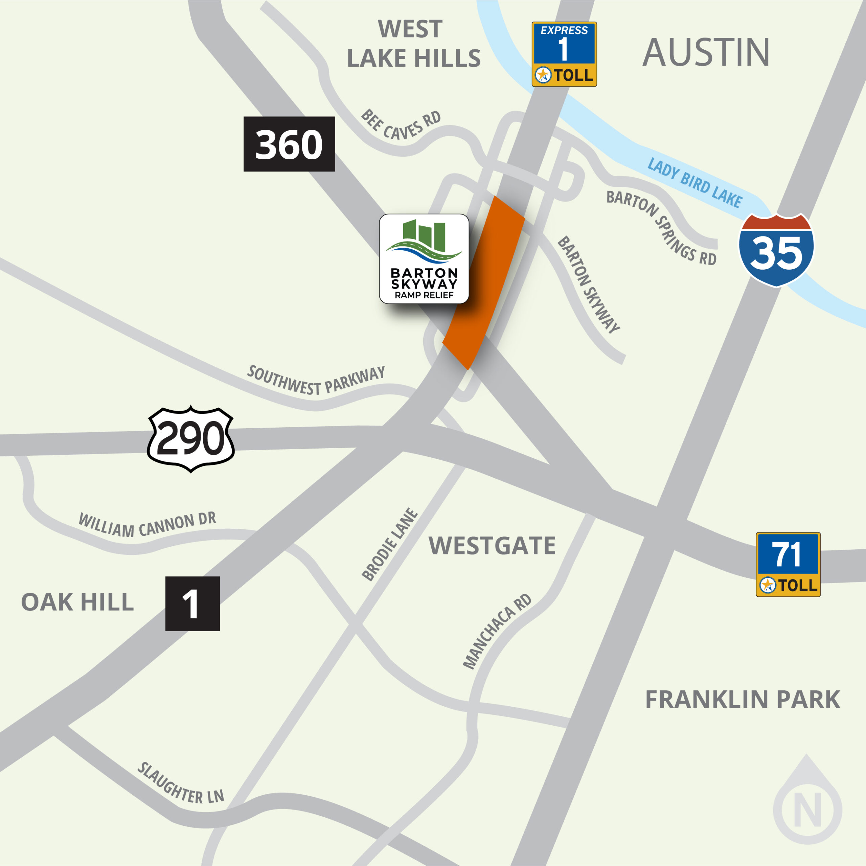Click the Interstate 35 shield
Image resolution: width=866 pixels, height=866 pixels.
[776, 251]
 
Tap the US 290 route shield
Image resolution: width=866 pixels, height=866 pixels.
[191, 438]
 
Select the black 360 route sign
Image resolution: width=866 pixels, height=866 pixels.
[289, 144]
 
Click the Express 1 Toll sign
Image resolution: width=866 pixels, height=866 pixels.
[564, 54]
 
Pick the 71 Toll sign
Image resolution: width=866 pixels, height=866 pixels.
[788, 564]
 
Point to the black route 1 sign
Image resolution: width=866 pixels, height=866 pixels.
[192, 603]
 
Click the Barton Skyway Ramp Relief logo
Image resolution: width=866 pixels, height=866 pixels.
[424, 259]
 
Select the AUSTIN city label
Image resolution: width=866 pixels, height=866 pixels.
[706, 52]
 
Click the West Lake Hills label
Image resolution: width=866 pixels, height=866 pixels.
[413, 44]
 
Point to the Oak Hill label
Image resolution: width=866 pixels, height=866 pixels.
[77, 601]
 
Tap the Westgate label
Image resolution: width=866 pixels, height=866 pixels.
[492, 546]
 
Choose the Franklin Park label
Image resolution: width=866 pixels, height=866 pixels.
[742, 699]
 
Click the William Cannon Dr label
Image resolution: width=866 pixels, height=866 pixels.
[147, 524]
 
